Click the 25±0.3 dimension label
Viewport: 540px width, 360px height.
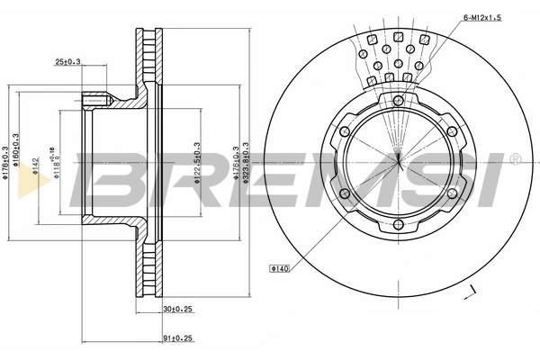68,61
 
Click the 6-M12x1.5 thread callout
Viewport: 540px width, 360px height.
481,16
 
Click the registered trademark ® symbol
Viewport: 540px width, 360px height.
514,160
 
